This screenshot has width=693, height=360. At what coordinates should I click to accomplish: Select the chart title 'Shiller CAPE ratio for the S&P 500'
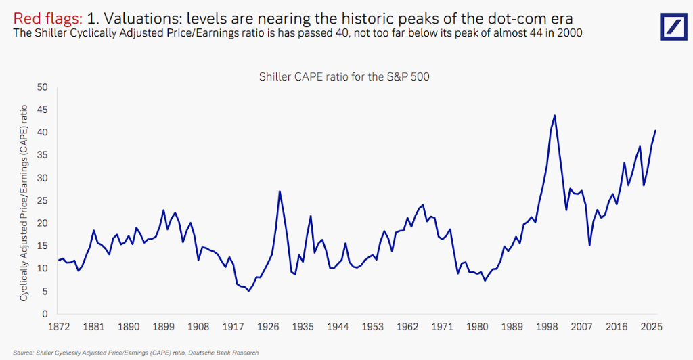click(344, 76)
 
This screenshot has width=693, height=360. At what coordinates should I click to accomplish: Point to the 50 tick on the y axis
click(43, 87)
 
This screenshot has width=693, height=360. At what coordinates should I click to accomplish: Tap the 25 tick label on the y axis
click(43, 200)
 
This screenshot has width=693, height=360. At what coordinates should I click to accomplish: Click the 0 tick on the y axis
click(45, 314)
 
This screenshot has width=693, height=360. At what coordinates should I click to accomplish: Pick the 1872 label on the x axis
click(59, 327)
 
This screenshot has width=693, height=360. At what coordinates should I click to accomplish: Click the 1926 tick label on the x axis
click(268, 327)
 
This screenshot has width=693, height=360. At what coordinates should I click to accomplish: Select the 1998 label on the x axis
click(547, 327)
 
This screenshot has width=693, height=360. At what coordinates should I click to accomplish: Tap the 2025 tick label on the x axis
click(651, 327)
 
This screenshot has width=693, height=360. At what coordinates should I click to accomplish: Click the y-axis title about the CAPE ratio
click(24, 202)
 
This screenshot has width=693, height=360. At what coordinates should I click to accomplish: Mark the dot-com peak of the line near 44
click(554, 115)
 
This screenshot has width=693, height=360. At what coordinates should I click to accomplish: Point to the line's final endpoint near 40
click(655, 130)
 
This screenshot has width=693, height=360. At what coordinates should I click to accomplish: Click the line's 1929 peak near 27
click(280, 191)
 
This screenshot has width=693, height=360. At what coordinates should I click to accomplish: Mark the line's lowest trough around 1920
click(248, 291)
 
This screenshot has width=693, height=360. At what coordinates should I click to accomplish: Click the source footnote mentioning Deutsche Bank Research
click(135, 353)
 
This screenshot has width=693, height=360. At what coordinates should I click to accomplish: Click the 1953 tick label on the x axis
click(372, 327)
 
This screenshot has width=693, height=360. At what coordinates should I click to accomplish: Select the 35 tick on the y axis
click(43, 155)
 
